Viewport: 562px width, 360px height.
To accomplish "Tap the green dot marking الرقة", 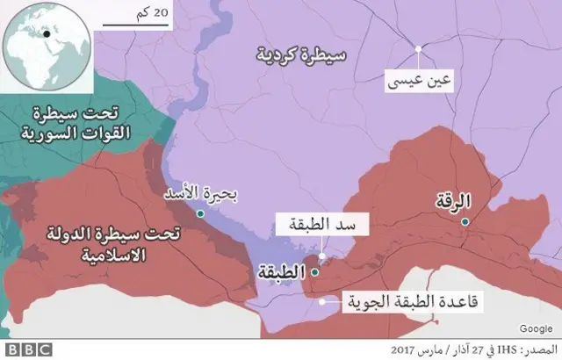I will point(465,222).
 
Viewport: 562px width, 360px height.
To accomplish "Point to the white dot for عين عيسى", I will point(419,48).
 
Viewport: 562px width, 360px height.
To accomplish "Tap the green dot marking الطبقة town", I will point(315,272).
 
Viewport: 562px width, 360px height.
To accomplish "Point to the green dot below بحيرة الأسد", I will point(201,213).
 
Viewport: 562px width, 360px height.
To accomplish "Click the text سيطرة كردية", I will point(301,55).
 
